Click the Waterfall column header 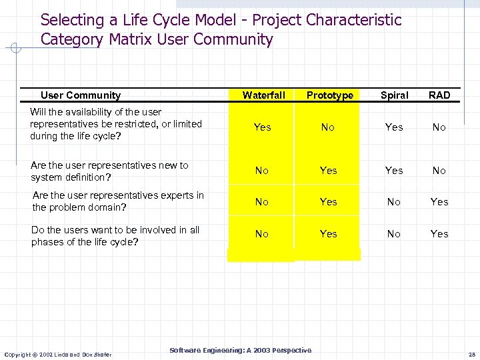[263, 95]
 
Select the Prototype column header [329, 95]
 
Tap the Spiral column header [394, 95]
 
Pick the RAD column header [439, 95]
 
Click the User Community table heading [81, 95]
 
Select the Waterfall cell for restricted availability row [263, 127]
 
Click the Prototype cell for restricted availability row [328, 127]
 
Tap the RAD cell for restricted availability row [439, 127]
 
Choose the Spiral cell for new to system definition [394, 171]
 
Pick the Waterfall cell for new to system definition [262, 171]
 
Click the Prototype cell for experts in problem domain [329, 202]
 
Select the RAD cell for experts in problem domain [439, 202]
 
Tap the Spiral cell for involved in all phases [394, 234]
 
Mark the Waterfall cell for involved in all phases [262, 234]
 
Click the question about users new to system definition [110, 171]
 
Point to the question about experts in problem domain [118, 201]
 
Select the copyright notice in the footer [58, 354]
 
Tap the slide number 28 [471, 354]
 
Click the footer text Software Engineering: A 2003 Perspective [240, 350]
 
